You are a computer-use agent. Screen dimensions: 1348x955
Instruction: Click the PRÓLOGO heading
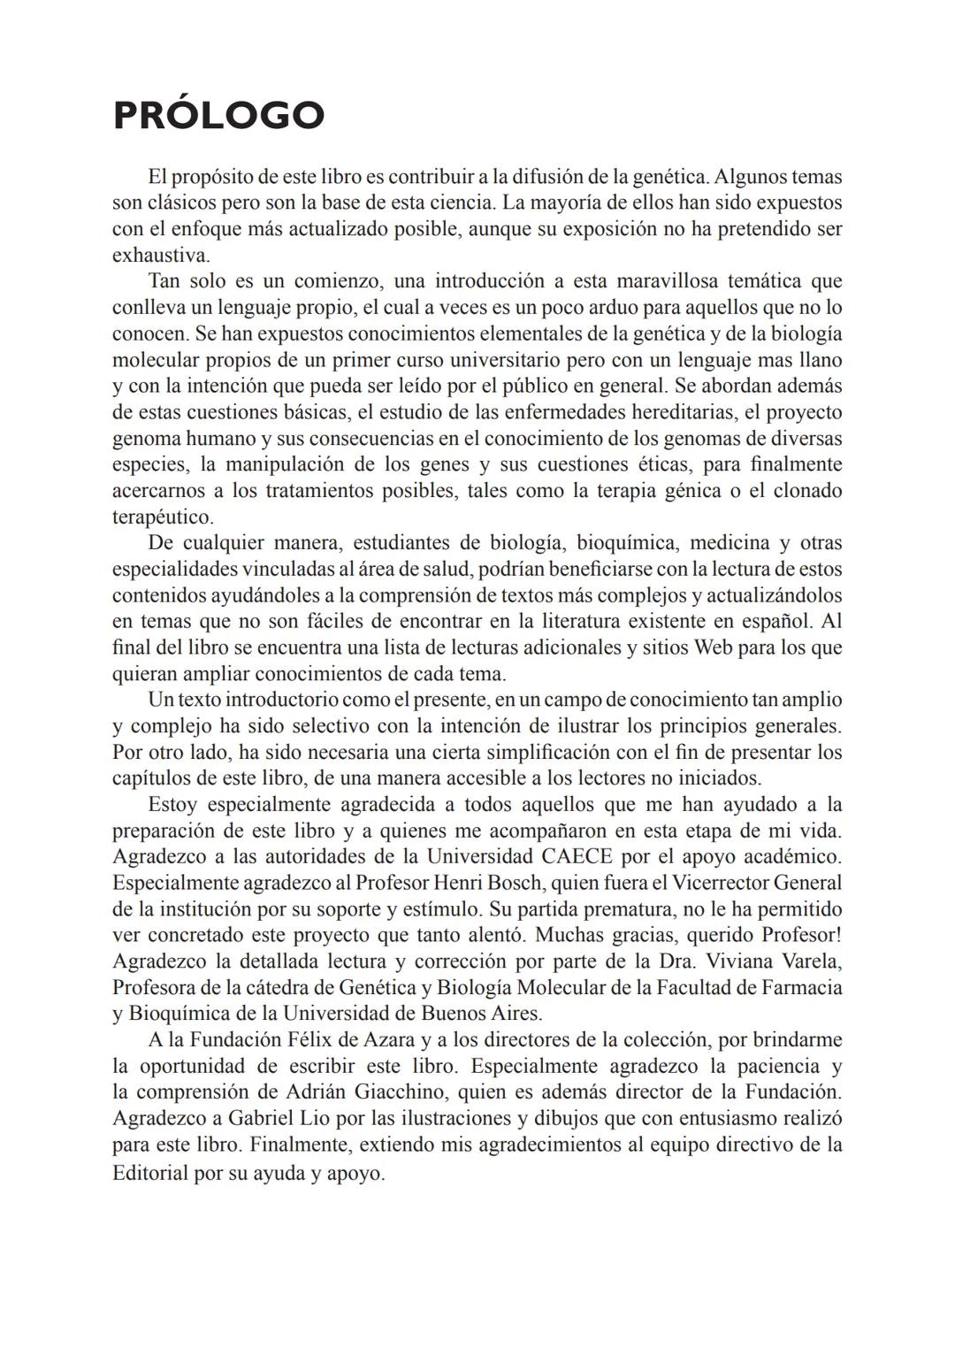tap(218, 116)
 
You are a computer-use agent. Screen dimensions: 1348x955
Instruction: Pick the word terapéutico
tap(162, 517)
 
